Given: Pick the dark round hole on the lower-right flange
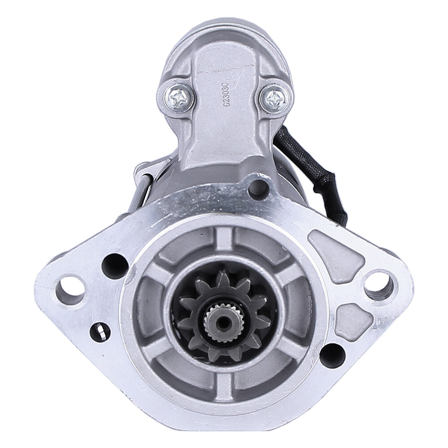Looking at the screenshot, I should coord(332,355).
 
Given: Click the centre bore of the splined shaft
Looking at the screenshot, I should coord(223,321).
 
